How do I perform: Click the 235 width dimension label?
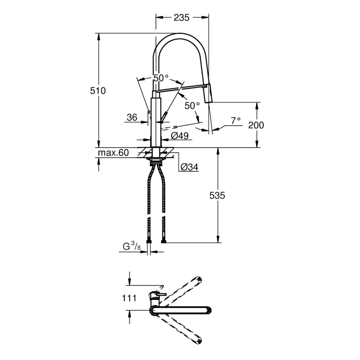click(182, 17)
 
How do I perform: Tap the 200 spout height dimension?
click(256, 124)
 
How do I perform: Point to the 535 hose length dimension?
click(217, 196)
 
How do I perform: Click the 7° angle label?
click(236, 121)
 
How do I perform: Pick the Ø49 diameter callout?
click(180, 135)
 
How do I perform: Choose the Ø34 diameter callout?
click(189, 167)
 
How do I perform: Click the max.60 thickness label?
click(113, 153)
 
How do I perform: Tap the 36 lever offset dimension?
click(132, 118)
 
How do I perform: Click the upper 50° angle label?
click(161, 78)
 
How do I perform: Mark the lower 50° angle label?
click(192, 106)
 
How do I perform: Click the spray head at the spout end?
click(209, 95)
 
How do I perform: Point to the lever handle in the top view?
click(157, 295)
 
